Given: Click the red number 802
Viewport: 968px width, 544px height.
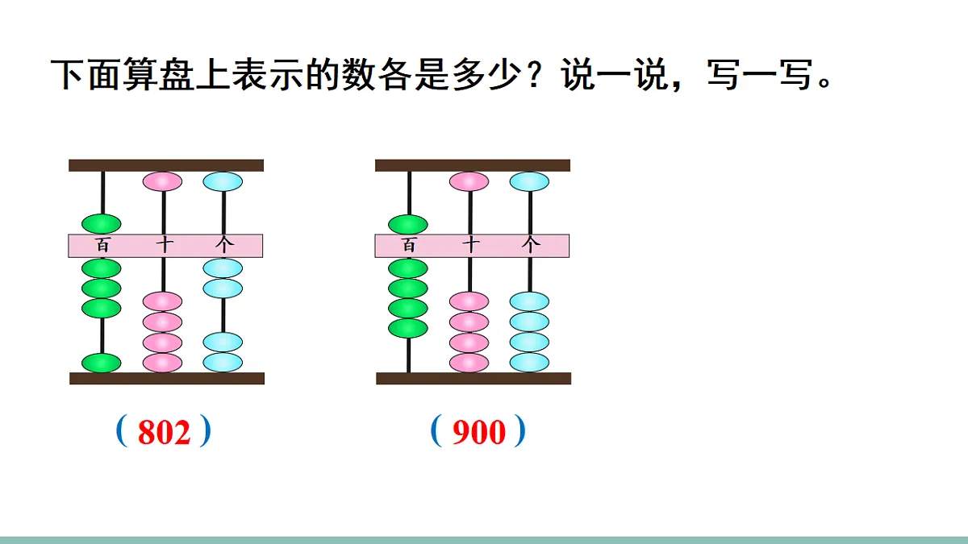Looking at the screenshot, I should click(165, 433).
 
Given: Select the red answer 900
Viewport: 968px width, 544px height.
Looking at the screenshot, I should click(478, 433).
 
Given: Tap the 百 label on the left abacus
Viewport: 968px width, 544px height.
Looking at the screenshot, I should click(102, 245).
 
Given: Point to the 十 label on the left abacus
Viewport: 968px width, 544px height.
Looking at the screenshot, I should click(164, 245).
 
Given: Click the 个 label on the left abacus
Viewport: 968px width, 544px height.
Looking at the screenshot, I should click(223, 245).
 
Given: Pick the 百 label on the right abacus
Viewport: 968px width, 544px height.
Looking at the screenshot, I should click(409, 245).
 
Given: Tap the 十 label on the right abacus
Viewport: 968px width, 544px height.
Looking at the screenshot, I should click(470, 245).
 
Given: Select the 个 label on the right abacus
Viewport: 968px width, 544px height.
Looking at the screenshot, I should click(530, 245).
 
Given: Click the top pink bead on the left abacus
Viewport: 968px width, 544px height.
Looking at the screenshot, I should click(162, 181).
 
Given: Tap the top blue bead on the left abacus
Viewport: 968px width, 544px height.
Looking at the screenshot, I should click(223, 181).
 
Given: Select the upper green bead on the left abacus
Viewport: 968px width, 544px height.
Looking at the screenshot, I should click(102, 223).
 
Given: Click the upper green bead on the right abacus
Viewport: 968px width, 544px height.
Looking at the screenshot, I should click(408, 223).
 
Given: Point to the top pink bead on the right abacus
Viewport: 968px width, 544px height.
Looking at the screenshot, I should click(469, 181).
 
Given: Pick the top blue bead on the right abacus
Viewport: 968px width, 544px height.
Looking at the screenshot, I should click(529, 181).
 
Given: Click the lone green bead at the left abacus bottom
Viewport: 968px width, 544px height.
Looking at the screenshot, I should click(102, 363).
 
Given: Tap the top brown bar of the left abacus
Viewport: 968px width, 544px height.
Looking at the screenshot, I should click(166, 165).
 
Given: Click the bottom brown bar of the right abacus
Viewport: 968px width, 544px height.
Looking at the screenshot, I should click(474, 378).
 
